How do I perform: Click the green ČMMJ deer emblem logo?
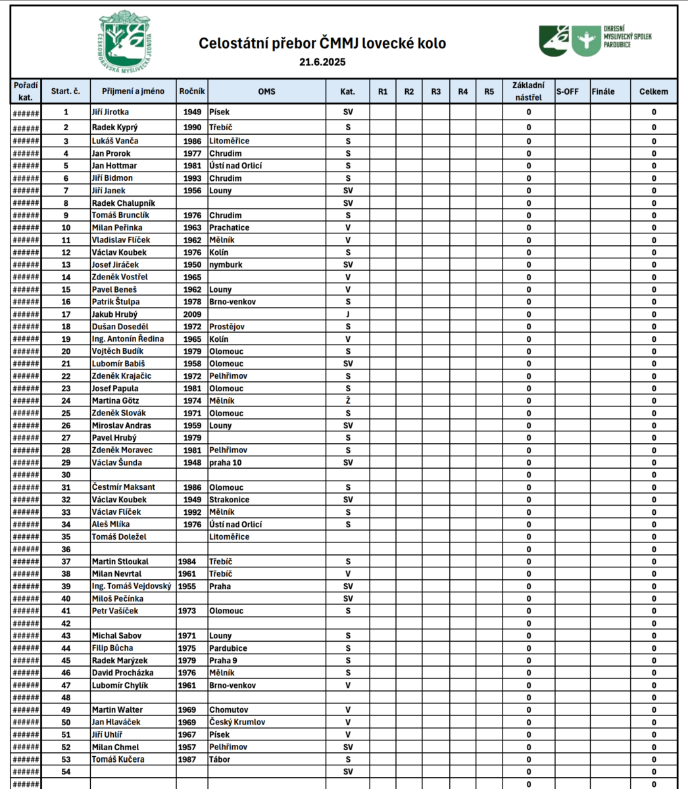click(x=125, y=41)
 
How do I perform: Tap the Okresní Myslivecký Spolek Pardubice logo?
click(x=595, y=40)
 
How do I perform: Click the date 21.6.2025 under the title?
click(x=322, y=62)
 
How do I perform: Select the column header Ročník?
click(x=192, y=91)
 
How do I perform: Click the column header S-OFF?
click(x=567, y=91)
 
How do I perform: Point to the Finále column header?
click(x=603, y=91)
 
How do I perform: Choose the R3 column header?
click(x=435, y=91)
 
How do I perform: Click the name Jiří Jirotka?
click(x=110, y=112)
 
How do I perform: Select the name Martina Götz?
click(x=115, y=400)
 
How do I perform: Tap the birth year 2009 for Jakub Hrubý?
click(x=192, y=314)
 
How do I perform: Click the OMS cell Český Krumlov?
click(x=237, y=722)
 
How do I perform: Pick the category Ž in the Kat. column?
click(x=348, y=400)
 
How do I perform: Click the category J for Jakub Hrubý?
click(x=348, y=314)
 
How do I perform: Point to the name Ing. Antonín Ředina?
click(x=128, y=339)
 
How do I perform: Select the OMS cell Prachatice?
click(x=229, y=227)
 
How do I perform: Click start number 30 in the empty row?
click(x=66, y=475)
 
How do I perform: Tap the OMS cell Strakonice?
click(x=229, y=500)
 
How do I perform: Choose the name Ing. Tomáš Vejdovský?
click(x=132, y=586)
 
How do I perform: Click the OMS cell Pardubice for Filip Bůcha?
click(x=228, y=648)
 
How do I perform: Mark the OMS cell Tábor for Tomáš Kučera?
click(x=220, y=759)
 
